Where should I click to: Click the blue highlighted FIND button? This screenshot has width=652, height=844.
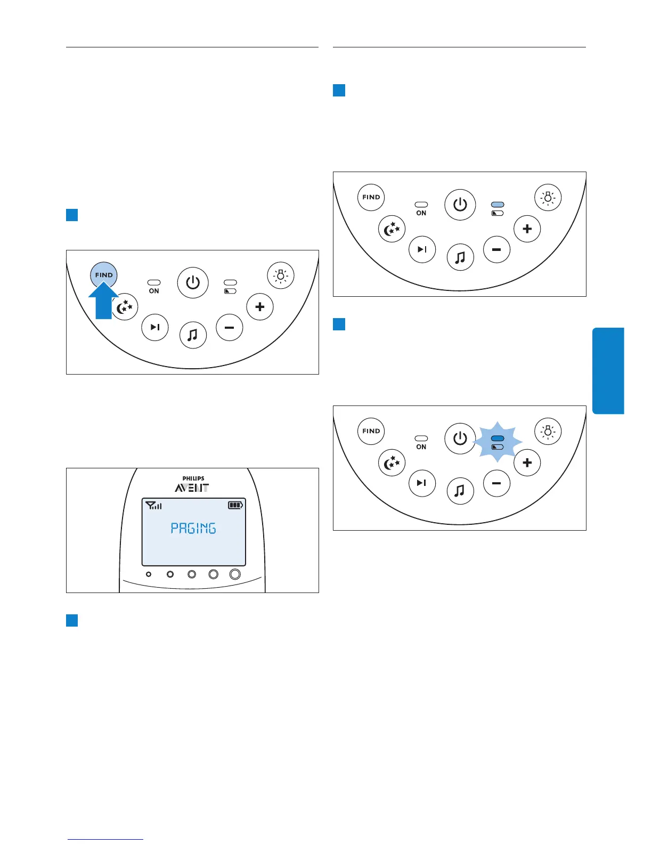click(104, 275)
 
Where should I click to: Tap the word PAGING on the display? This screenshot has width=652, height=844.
click(193, 528)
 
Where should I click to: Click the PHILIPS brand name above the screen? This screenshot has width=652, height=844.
click(193, 478)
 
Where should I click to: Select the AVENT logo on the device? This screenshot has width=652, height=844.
click(192, 488)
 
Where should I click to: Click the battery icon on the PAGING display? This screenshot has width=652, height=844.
click(235, 505)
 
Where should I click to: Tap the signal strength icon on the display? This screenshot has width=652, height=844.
click(154, 505)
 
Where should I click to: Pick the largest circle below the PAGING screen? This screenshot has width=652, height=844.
click(234, 574)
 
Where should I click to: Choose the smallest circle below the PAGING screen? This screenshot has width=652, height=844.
click(149, 574)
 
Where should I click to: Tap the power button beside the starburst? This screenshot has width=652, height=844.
click(460, 439)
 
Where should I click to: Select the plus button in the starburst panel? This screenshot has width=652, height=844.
click(527, 462)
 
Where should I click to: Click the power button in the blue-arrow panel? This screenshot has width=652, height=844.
click(193, 282)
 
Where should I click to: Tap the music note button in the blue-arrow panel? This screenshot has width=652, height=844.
click(193, 335)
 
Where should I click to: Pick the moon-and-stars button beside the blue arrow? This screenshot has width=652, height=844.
click(125, 307)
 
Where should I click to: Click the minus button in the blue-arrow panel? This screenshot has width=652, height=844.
click(230, 328)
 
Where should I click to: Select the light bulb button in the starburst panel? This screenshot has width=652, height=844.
click(548, 431)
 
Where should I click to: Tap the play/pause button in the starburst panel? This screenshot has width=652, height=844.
click(422, 483)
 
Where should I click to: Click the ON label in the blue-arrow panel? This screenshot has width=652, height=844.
click(154, 291)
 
